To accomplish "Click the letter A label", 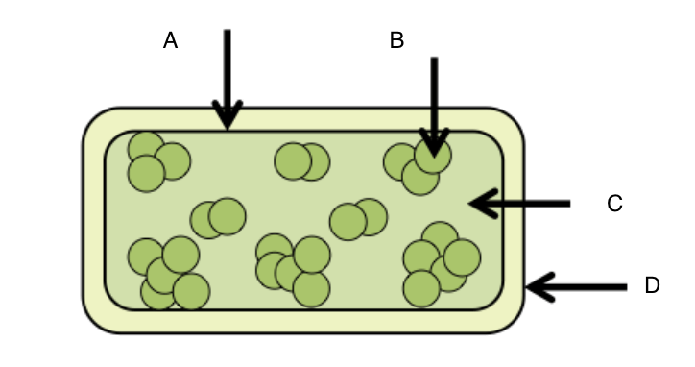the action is point(171,40).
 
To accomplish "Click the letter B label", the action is point(396,40).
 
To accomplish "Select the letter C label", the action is point(614,204).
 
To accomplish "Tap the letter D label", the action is point(652,285).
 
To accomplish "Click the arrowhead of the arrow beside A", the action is point(228,114).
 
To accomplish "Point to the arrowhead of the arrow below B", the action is point(434,143).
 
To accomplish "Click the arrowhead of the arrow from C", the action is point(484,204).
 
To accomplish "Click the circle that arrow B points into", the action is point(433,155).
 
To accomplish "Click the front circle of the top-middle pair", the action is point(293,161).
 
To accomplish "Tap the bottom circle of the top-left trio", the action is point(146,174).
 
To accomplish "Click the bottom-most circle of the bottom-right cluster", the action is point(421,288).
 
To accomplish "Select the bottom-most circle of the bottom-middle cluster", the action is point(312,288).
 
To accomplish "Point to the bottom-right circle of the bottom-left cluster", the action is point(191,291).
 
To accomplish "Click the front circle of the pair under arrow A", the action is point(228,216).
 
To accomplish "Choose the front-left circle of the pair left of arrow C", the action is point(348,221).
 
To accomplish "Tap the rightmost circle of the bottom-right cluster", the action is point(462,257).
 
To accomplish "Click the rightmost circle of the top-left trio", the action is point(173,161).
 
